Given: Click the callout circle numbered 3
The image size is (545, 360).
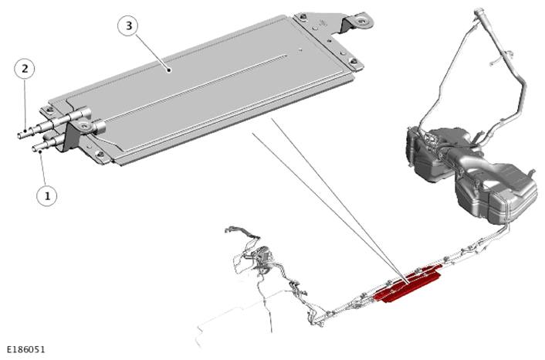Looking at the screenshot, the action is click(x=129, y=25).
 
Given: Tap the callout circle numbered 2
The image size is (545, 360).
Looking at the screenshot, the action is click(x=25, y=69).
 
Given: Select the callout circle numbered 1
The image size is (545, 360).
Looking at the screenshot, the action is click(x=47, y=195).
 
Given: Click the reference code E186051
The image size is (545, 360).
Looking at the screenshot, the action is click(x=26, y=349).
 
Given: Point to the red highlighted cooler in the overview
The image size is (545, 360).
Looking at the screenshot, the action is click(x=408, y=284).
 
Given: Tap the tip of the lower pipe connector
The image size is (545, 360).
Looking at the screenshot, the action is click(x=34, y=149).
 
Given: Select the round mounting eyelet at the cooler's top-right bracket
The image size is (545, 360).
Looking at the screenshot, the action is click(x=364, y=21).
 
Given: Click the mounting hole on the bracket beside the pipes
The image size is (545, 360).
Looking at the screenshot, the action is click(x=83, y=125).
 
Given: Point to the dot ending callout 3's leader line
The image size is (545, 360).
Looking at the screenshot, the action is click(x=169, y=70).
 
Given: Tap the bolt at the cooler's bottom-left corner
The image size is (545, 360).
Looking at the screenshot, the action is click(x=100, y=154).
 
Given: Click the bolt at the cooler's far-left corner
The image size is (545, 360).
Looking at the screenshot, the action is click(x=50, y=110).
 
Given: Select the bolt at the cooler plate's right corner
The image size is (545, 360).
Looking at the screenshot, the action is click(x=353, y=61).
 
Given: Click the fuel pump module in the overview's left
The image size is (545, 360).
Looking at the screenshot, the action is click(x=262, y=255).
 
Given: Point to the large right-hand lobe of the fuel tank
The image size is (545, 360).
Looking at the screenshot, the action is click(x=497, y=192).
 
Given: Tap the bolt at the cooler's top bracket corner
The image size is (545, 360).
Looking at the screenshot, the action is click(x=303, y=16).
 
